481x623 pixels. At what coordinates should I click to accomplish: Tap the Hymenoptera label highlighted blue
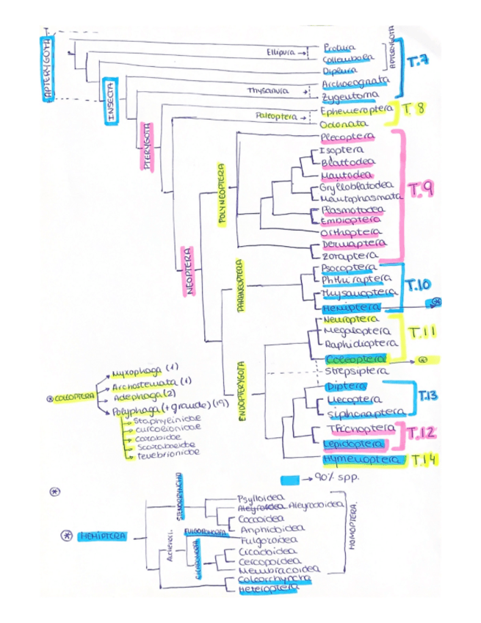click(362, 459)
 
